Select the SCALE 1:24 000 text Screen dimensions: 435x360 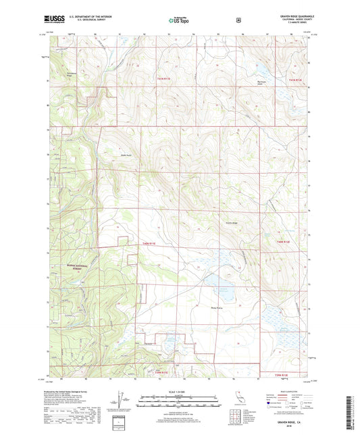click(179, 391)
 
